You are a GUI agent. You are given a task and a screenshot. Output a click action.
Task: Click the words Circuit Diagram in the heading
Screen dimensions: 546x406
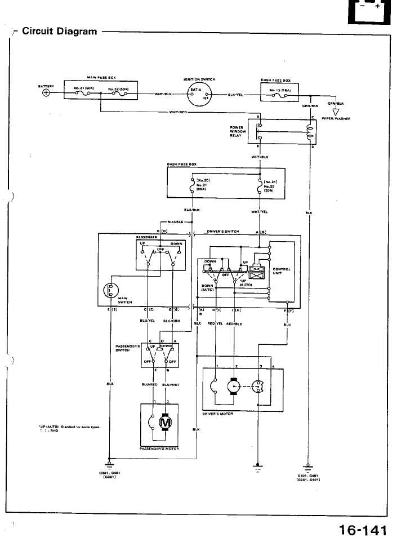click(59, 31)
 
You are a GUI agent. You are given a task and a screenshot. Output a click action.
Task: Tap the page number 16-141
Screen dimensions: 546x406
click(363, 530)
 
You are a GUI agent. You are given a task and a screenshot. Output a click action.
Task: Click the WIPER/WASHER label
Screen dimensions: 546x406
click(336, 119)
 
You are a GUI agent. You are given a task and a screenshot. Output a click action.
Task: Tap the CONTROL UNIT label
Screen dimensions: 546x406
click(282, 271)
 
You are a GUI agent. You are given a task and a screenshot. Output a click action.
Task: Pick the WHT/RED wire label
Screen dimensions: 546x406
click(178, 112)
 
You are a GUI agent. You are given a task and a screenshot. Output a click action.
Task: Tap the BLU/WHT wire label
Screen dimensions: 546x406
click(170, 386)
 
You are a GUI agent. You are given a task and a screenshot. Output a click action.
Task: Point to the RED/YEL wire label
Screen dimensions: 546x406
click(216, 324)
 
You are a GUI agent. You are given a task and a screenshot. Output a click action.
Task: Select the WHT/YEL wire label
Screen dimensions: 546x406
click(259, 212)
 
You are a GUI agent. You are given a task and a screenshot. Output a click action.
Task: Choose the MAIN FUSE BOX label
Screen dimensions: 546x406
click(101, 77)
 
